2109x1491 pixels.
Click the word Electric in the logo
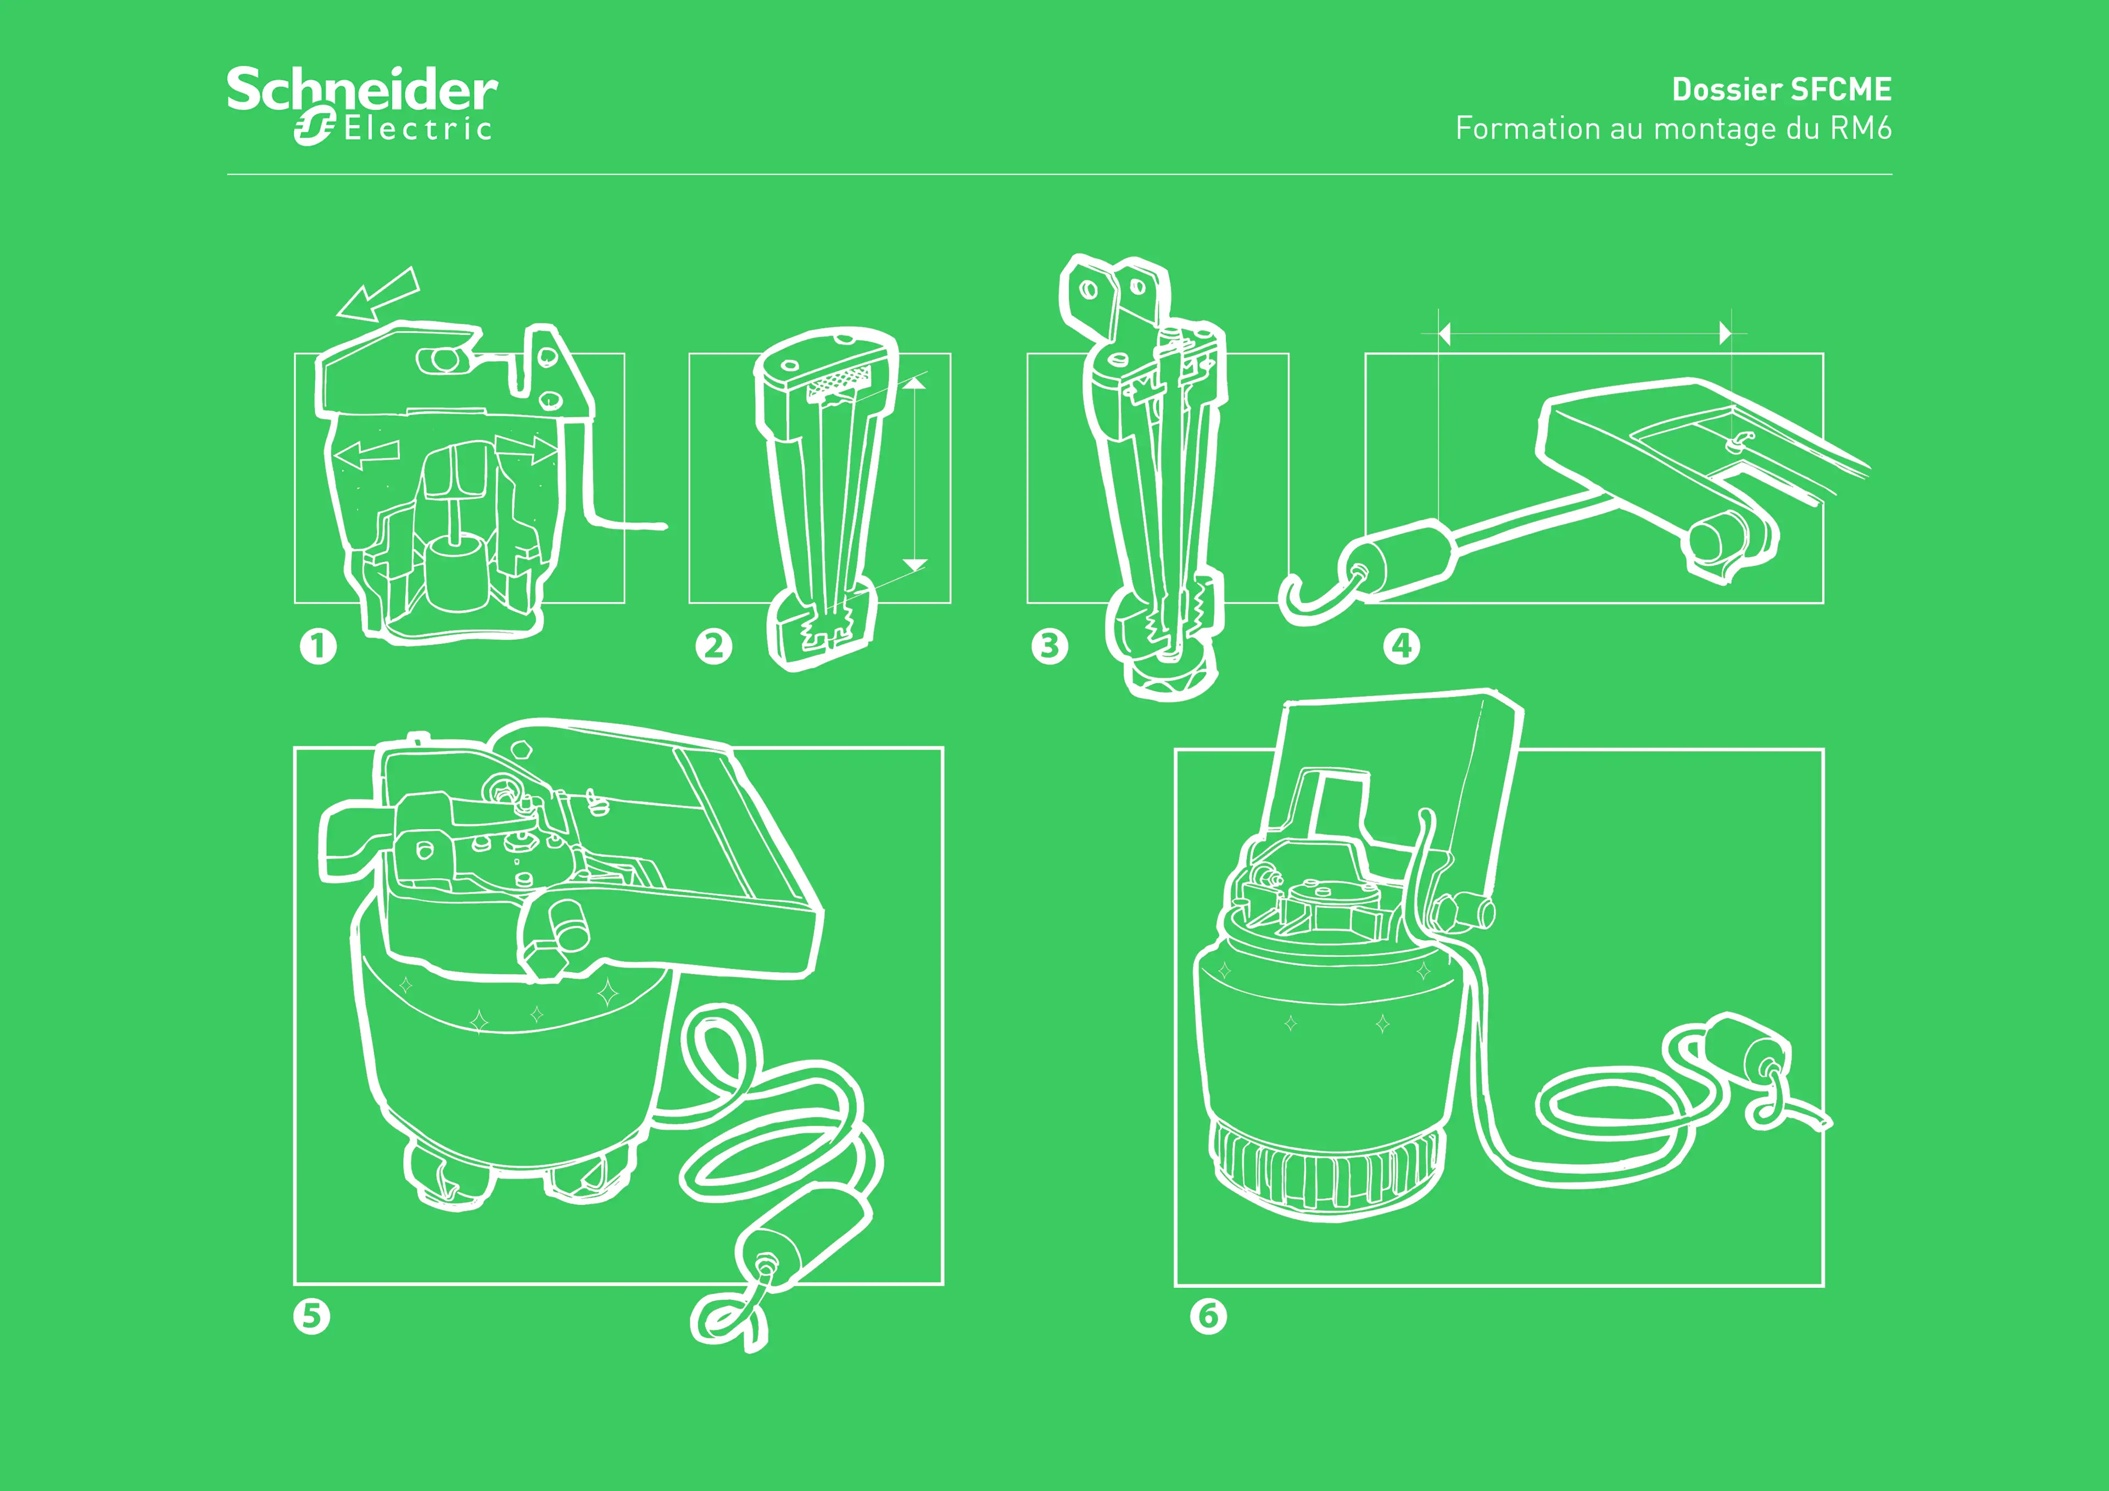418,129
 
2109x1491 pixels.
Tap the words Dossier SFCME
1781,89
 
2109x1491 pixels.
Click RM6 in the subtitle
1860,128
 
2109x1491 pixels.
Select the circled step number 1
319,646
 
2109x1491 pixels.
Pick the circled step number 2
714,646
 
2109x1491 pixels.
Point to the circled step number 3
1050,646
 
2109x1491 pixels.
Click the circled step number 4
1402,646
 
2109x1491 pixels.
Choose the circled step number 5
311,1316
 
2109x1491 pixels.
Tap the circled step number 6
1208,1316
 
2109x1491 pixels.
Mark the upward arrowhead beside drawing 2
915,383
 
